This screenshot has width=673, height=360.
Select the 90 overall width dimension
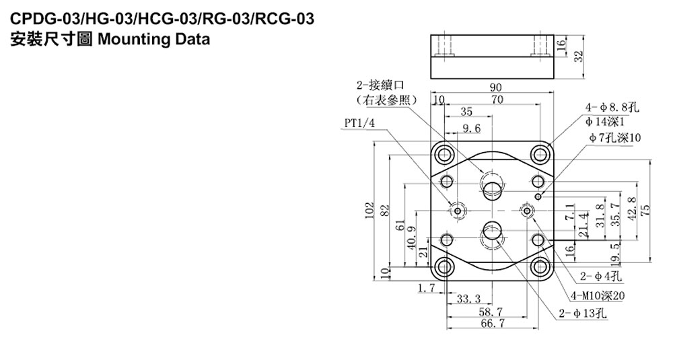point(496,87)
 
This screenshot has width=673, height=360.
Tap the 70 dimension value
point(497,100)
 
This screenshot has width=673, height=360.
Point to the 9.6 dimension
point(471,128)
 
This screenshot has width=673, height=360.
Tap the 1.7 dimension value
point(426,289)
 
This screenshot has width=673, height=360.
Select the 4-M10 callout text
point(597,295)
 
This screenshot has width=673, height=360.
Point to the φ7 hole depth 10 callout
point(614,137)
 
